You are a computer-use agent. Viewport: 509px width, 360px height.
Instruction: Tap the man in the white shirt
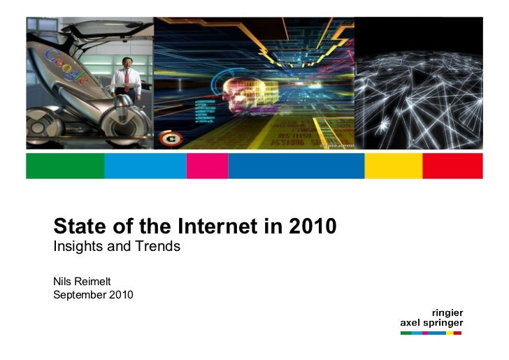pyautogui.click(x=126, y=82)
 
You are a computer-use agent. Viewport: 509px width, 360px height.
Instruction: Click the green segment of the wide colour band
pyautogui.click(x=65, y=166)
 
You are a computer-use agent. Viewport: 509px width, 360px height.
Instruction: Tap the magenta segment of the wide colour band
pyautogui.click(x=207, y=166)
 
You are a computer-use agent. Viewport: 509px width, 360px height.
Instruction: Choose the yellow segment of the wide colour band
pyautogui.click(x=394, y=166)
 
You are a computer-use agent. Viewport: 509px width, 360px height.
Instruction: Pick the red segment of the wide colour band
pyautogui.click(x=452, y=166)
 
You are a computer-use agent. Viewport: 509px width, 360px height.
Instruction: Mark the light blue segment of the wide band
pyautogui.click(x=145, y=166)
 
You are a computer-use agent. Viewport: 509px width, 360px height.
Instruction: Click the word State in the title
pyautogui.click(x=76, y=226)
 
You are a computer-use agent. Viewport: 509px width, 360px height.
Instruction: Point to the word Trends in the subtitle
pyautogui.click(x=161, y=246)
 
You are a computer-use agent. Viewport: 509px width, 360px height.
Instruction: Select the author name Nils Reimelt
pyautogui.click(x=82, y=280)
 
